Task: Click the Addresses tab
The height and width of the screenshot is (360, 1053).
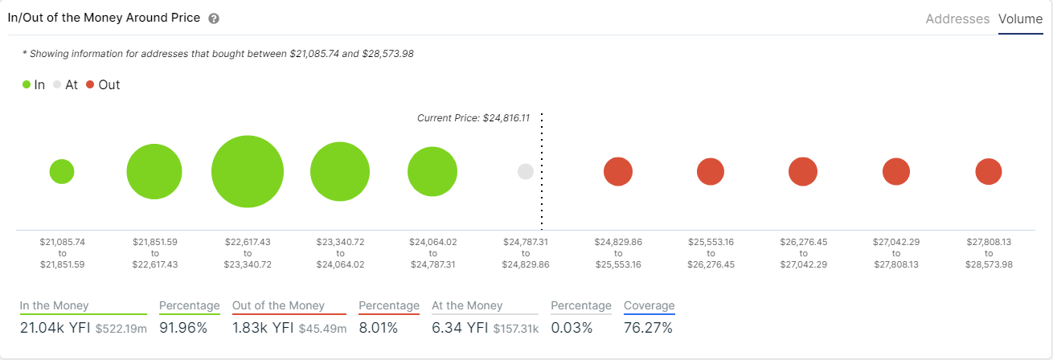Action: coord(957,18)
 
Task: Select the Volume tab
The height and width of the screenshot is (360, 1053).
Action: coord(1020,18)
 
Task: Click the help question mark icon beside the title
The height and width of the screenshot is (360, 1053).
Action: coord(213,18)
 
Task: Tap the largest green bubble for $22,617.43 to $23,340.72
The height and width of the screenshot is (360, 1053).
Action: coord(248,172)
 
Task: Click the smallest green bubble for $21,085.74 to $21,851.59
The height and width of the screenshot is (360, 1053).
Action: coord(62,171)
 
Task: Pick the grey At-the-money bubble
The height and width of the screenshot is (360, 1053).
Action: coord(526,171)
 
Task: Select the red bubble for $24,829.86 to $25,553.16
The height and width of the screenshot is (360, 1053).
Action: coord(618,172)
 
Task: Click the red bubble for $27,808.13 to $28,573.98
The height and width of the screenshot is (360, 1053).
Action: coord(988,172)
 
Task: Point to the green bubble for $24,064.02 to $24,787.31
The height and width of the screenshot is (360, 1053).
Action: coord(432,172)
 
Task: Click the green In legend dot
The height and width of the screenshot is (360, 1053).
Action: coord(27,84)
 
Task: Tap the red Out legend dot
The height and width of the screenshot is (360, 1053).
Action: coord(90,84)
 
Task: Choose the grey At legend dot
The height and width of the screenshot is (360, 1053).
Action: coord(57,84)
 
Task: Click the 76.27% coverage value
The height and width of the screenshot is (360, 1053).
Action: coord(648,327)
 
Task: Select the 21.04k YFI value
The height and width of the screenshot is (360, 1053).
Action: coord(54,327)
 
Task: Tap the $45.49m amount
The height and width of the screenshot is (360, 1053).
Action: coord(322,328)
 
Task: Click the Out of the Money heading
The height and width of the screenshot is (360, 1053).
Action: coord(278,305)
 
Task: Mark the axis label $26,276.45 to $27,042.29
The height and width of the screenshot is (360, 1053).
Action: coord(803,252)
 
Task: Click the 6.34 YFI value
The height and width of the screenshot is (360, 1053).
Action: coord(461,327)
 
